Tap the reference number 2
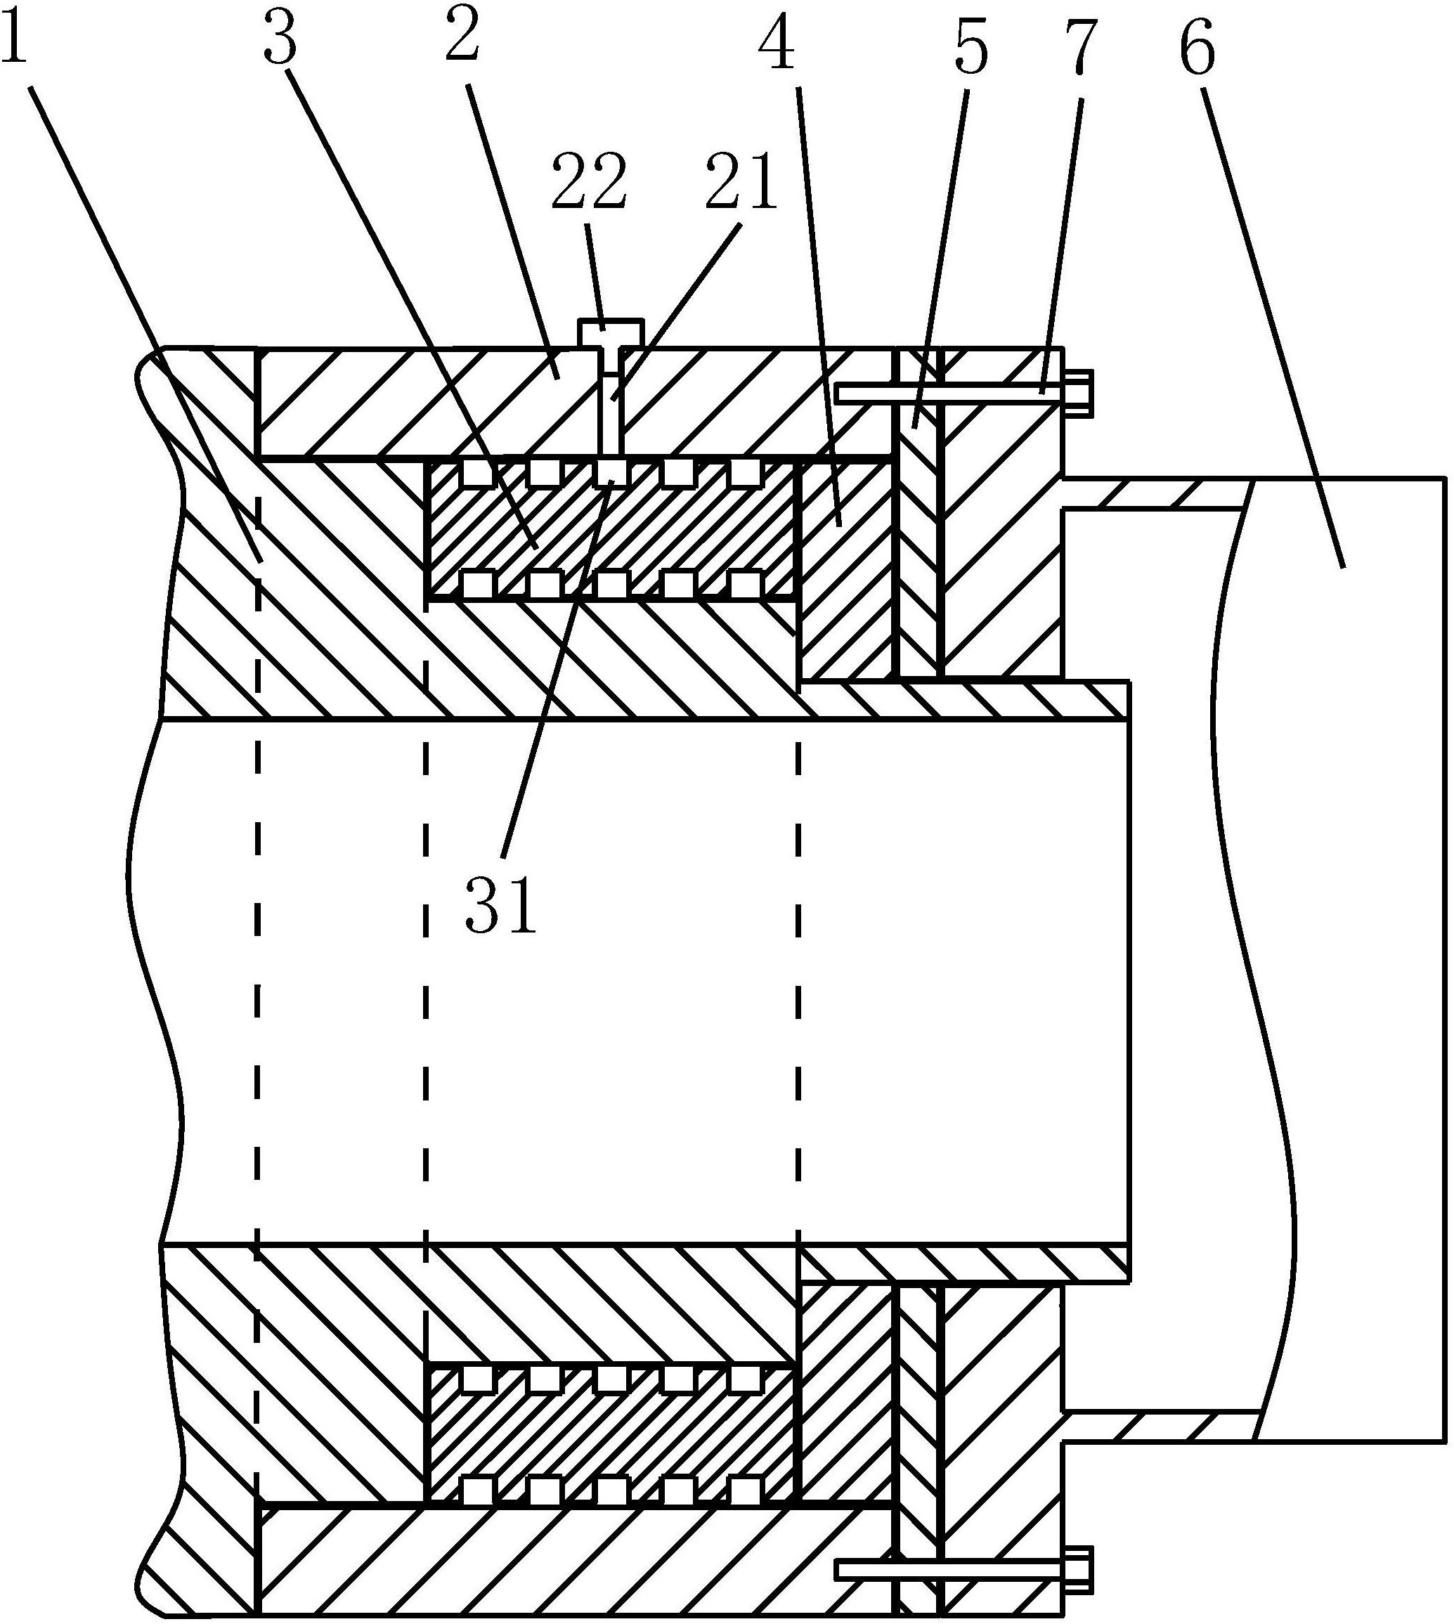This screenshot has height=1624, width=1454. (462, 40)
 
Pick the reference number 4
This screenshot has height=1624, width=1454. (776, 45)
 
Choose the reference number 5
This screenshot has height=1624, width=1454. (970, 45)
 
